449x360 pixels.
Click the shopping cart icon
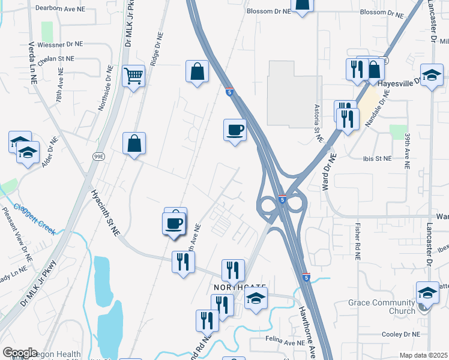133,76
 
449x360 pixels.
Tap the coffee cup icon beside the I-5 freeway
235,130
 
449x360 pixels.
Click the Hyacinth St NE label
106,212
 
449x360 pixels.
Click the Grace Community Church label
382,307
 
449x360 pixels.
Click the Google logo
20,353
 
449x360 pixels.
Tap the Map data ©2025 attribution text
423,355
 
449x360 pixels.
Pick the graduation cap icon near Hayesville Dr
431,75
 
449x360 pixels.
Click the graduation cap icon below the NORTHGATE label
256,299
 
